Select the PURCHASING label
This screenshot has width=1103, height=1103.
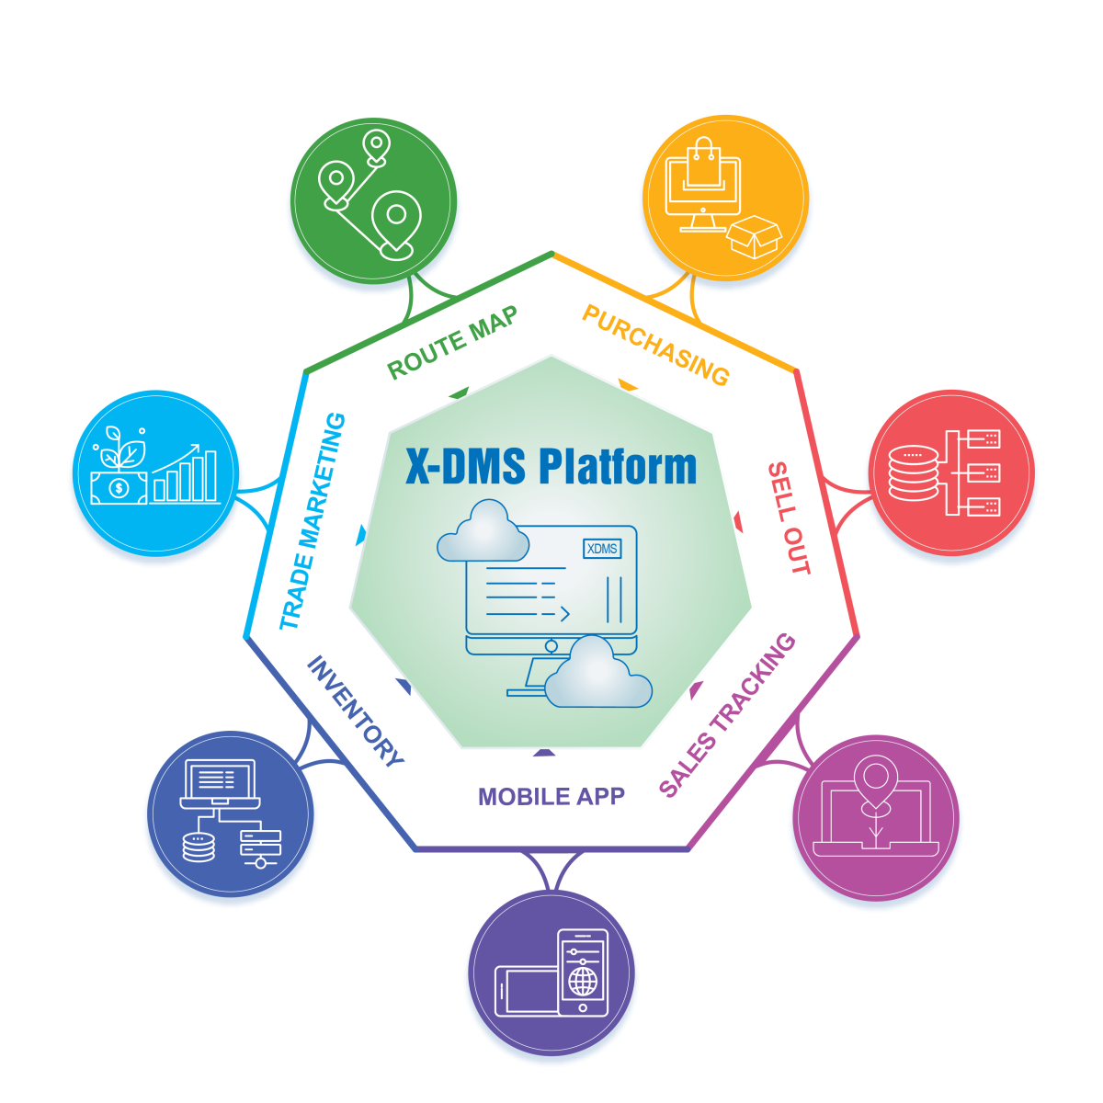(x=656, y=346)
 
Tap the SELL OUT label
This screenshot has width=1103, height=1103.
(x=789, y=518)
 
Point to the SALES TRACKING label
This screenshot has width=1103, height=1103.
(x=728, y=715)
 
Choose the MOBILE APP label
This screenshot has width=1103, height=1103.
(x=551, y=797)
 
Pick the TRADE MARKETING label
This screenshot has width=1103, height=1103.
(x=313, y=522)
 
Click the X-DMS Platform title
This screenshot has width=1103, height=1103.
(x=551, y=466)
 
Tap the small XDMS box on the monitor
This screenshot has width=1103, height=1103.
(x=602, y=549)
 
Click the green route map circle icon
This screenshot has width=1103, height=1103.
(x=373, y=200)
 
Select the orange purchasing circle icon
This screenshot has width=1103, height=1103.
(x=725, y=198)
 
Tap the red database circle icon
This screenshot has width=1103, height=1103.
(x=951, y=473)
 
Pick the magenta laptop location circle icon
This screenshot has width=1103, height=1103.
(x=876, y=817)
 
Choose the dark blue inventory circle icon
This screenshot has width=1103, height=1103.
(x=230, y=813)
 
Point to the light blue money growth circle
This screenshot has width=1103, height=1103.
(x=155, y=473)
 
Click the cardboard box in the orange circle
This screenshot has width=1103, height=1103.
(x=754, y=237)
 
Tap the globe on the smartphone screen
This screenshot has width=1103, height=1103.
(x=583, y=981)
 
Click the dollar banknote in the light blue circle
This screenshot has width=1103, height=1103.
(x=119, y=487)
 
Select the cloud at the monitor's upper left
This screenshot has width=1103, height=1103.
(x=483, y=533)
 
